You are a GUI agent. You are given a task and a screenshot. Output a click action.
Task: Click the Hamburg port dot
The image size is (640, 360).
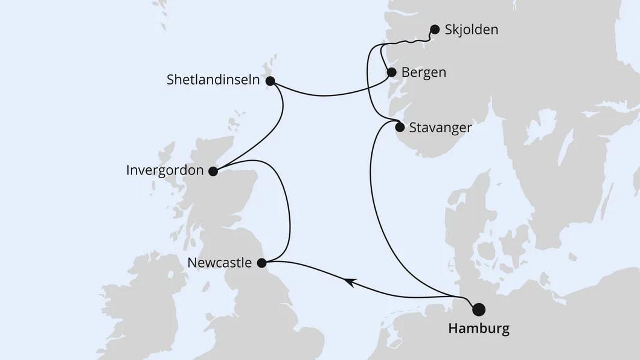point(479,309)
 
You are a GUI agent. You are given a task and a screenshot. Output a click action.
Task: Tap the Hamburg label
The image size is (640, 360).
point(478,329)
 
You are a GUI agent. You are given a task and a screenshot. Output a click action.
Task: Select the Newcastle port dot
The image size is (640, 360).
point(261,263)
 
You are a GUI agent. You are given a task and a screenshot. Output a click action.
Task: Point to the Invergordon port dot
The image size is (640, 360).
point(213,171)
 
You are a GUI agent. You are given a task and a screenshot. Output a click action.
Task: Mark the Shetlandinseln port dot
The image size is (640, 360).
point(269,80)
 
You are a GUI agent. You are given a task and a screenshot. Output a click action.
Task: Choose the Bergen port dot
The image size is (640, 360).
point(391,72)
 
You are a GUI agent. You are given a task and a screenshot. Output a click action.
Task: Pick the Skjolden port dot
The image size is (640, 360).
point(434,29)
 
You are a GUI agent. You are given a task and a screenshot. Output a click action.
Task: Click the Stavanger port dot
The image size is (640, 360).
point(399,127)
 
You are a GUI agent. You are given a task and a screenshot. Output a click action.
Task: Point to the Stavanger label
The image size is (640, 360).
point(440,127)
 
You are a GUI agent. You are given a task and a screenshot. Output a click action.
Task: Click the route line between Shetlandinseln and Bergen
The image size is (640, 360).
point(326,95)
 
